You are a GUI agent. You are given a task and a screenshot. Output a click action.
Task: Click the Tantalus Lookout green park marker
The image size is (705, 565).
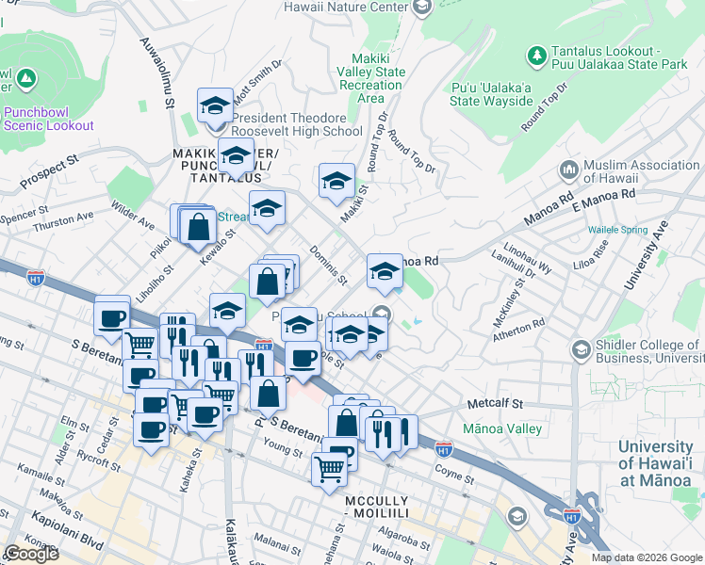(537, 56)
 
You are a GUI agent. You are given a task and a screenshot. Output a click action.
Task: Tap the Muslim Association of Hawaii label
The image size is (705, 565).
(641, 171)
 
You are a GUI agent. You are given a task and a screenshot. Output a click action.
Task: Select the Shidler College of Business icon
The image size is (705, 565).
(581, 349)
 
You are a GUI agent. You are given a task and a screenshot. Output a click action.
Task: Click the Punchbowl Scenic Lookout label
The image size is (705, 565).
(48, 118)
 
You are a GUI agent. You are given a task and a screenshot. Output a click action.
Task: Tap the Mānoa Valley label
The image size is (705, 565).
(502, 428)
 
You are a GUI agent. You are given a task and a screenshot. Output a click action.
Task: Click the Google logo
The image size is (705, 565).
(31, 554)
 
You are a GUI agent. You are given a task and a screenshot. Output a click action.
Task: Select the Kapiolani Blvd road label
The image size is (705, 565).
(40, 517)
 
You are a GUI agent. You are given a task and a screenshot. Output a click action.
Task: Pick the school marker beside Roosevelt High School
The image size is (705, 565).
(215, 105)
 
